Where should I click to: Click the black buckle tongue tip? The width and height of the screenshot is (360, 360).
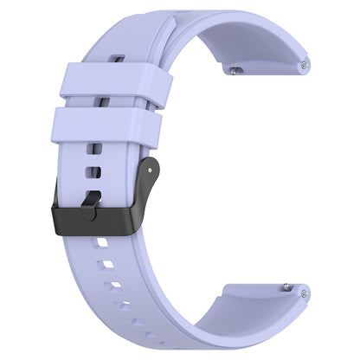(x=90, y=204)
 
